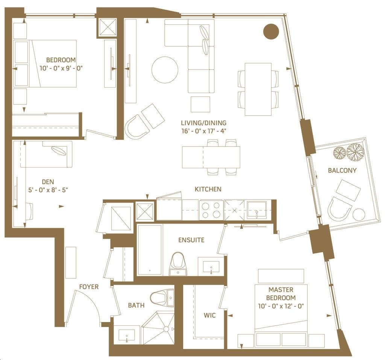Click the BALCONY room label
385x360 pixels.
pyautogui.click(x=342, y=170)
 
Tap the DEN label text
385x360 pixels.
pyautogui.click(x=48, y=182)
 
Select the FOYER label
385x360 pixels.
pyautogui.click(x=89, y=287)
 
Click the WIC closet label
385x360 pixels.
pyautogui.click(x=209, y=315)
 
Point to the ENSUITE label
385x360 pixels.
pyautogui.click(x=191, y=240)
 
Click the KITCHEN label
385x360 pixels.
pyautogui.click(x=208, y=189)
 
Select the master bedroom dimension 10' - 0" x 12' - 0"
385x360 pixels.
pyautogui.click(x=281, y=306)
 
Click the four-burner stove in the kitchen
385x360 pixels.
pyautogui.click(x=211, y=210)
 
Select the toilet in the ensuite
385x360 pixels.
pyautogui.click(x=178, y=263)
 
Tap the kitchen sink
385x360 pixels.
pyautogui.click(x=256, y=210)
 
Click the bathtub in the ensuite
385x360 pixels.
pyautogui.click(x=150, y=250)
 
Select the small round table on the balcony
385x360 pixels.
pyautogui.click(x=358, y=215)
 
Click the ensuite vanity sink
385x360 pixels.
pyautogui.click(x=211, y=267)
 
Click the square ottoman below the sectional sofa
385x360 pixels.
pyautogui.click(x=200, y=104)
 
